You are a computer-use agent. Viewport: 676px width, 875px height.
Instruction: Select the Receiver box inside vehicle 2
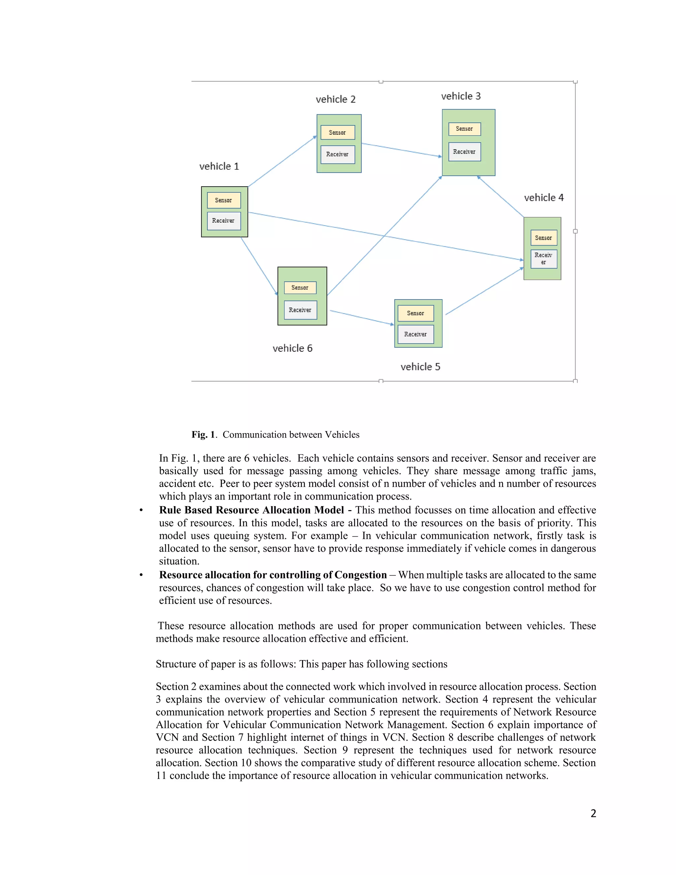[338, 154]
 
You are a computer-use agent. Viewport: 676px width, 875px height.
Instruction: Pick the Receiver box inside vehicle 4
[543, 259]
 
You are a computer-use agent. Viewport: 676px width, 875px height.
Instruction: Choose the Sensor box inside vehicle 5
[415, 313]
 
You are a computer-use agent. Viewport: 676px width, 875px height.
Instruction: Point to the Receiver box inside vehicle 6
[300, 310]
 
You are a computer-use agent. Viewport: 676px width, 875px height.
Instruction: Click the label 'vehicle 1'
[219, 166]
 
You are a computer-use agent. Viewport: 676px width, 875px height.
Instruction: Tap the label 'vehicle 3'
[460, 96]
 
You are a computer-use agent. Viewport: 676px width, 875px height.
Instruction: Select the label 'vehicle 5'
[420, 367]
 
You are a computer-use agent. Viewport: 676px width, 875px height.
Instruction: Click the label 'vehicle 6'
[292, 348]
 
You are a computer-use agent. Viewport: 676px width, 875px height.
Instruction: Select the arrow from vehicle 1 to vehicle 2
[282, 161]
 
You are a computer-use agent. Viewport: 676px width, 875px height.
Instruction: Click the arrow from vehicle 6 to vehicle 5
[362, 317]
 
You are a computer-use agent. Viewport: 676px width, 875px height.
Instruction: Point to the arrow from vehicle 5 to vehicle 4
[484, 291]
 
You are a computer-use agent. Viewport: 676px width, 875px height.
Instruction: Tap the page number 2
[593, 814]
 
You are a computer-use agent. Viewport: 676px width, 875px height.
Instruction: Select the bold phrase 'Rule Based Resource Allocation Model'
[252, 510]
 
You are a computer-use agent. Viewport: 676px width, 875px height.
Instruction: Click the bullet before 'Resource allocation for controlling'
[141, 575]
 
